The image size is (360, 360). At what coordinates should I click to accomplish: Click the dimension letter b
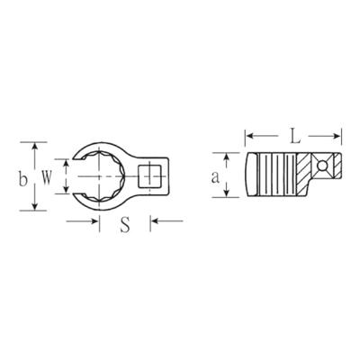[23, 179]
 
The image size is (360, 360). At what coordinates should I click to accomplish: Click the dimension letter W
[46, 178]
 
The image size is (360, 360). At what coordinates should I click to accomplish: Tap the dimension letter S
[125, 225]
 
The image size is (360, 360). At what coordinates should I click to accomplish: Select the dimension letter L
[295, 137]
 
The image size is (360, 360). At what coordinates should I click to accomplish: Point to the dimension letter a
[215, 177]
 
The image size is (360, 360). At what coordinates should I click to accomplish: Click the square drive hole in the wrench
[149, 175]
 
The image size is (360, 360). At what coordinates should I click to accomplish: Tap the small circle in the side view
[323, 165]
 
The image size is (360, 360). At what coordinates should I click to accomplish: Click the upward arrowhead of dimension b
[35, 146]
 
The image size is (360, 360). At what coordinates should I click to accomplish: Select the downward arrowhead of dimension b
[35, 206]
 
